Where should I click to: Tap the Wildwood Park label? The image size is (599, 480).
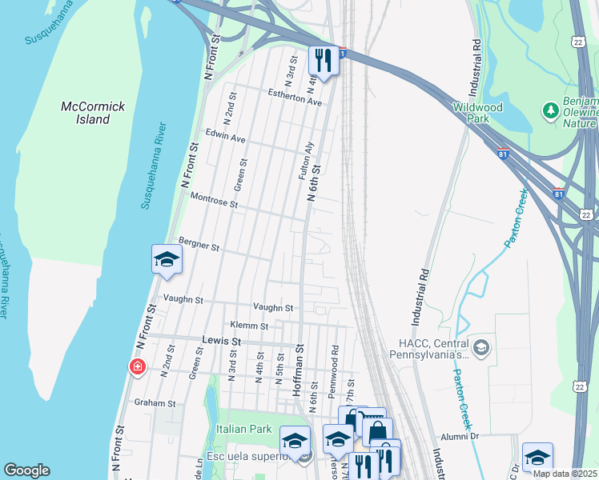click(x=477, y=113)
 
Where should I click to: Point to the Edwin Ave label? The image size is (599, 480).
click(x=225, y=138)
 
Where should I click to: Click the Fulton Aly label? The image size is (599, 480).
click(x=304, y=160)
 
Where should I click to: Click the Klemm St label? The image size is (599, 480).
click(x=248, y=326)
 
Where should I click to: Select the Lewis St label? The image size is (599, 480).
click(x=221, y=341)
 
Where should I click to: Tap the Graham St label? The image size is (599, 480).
click(x=155, y=402)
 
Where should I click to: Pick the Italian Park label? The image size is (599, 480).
click(x=244, y=430)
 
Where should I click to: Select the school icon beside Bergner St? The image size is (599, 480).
click(x=167, y=258)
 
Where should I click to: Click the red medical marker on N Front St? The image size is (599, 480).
click(x=138, y=367)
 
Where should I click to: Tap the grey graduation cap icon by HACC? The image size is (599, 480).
click(x=480, y=346)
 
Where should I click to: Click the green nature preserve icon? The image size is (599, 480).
click(x=550, y=109)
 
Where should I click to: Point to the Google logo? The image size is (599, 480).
click(x=27, y=470)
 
